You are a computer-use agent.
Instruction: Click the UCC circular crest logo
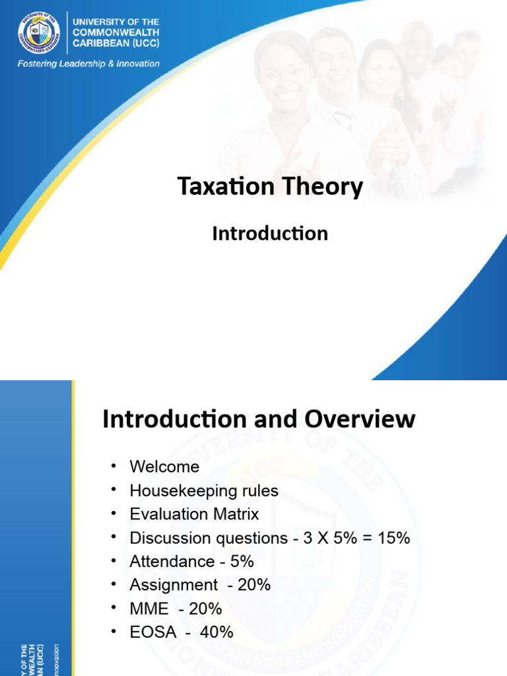pyautogui.click(x=39, y=34)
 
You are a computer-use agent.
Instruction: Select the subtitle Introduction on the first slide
pyautogui.click(x=270, y=233)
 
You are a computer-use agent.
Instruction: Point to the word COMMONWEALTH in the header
pyautogui.click(x=116, y=32)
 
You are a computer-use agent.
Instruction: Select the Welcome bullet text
pyautogui.click(x=164, y=467)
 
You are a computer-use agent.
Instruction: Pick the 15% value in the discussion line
pyautogui.click(x=394, y=538)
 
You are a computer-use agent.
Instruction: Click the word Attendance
pyautogui.click(x=172, y=562)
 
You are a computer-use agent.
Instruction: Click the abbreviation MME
pyautogui.click(x=149, y=609)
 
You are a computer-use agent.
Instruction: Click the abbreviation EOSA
pyautogui.click(x=153, y=632)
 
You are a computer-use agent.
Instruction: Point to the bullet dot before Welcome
pyautogui.click(x=114, y=466)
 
